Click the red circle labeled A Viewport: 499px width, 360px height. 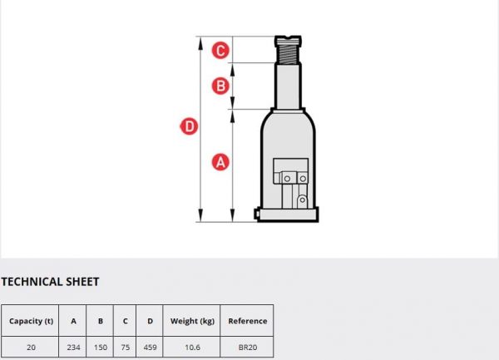click(220, 162)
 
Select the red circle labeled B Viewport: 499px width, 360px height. click(220, 86)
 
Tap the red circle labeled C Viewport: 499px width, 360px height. click(220, 50)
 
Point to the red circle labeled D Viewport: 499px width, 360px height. click(190, 126)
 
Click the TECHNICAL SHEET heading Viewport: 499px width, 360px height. click(50, 282)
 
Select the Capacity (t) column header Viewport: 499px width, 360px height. click(31, 321)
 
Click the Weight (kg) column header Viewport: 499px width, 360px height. click(192, 321)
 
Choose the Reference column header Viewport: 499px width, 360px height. click(248, 321)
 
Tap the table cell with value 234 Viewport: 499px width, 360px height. click(73, 348)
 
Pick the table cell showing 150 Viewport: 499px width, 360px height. click(101, 348)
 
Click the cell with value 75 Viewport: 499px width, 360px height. click(126, 348)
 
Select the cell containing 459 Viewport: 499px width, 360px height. click(150, 348)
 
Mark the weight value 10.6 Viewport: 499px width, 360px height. click(193, 348)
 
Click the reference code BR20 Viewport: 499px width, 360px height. click(248, 348)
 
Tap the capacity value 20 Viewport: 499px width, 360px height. click(31, 348)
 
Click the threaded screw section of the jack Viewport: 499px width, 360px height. click(288, 54)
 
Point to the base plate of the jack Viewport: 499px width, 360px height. click(288, 215)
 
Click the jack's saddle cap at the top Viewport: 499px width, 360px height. click(288, 40)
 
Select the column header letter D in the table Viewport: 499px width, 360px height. click(150, 321)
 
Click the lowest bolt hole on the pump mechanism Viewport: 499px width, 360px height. click(303, 200)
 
